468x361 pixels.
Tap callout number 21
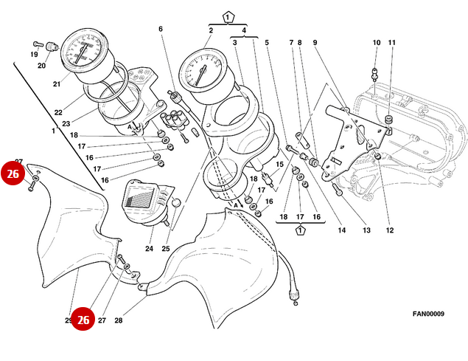56,84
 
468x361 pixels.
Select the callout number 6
160,30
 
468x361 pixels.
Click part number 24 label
149,249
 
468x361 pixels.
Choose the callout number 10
376,43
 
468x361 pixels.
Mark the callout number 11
392,43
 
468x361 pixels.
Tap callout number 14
342,230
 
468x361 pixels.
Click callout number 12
390,230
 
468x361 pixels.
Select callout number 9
315,43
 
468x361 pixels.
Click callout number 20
41,66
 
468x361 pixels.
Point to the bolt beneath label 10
375,72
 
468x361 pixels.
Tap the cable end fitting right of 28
294,297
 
